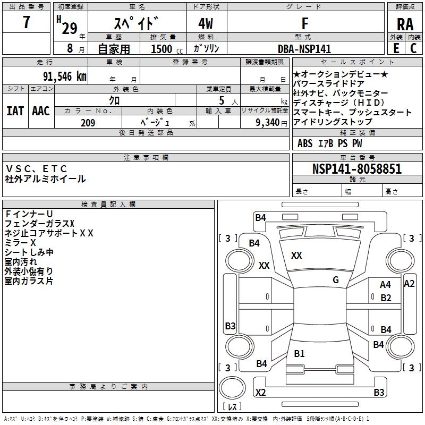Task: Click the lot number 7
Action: [x=26, y=24]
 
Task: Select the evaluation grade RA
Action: [x=405, y=24]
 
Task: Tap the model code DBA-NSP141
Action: [x=304, y=49]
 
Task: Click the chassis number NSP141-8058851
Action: [x=357, y=169]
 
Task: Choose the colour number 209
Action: [x=88, y=123]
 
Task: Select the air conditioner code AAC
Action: [x=41, y=110]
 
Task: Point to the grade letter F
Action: [x=304, y=24]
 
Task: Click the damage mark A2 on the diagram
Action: [x=409, y=284]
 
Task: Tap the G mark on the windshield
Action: [x=336, y=280]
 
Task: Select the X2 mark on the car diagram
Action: [x=261, y=393]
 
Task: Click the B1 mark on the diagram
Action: [x=299, y=354]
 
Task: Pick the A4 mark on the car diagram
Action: [x=385, y=285]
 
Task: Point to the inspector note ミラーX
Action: [x=20, y=242]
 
